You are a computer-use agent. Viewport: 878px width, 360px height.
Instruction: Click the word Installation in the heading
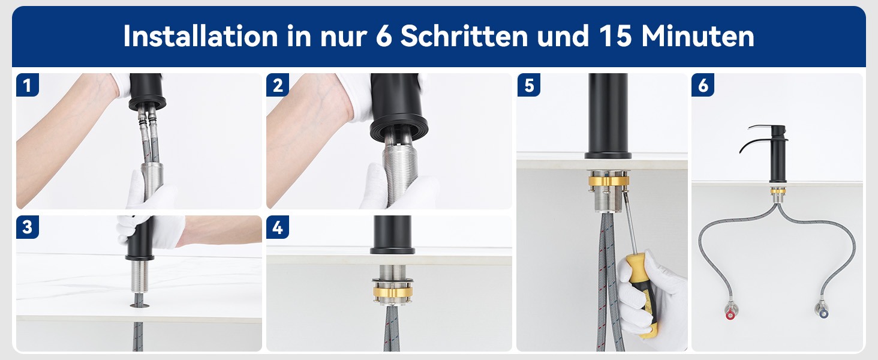click(x=201, y=36)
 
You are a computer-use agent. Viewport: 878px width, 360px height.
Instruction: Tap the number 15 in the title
click(x=615, y=36)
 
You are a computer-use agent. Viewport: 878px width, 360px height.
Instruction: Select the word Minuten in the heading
click(x=697, y=36)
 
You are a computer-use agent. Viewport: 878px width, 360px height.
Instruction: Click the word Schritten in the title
click(x=464, y=36)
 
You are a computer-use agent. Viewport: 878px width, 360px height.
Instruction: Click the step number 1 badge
click(x=27, y=85)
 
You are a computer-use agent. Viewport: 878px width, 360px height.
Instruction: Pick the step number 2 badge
click(x=278, y=85)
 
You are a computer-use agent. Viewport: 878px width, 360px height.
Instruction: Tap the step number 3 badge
click(x=27, y=227)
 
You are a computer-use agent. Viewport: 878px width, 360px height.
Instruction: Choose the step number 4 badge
click(x=278, y=227)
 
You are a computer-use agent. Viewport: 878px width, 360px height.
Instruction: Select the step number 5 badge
click(x=529, y=85)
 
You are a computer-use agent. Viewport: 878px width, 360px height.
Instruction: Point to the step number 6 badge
click(x=703, y=85)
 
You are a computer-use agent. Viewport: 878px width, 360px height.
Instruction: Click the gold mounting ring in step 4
click(x=392, y=292)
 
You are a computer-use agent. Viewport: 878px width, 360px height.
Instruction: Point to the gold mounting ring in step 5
click(x=608, y=181)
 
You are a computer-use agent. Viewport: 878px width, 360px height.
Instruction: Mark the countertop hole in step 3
click(x=140, y=305)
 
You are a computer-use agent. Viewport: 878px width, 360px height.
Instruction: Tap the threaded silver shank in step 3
click(x=139, y=277)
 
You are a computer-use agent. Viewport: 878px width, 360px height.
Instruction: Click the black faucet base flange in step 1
click(x=148, y=103)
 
